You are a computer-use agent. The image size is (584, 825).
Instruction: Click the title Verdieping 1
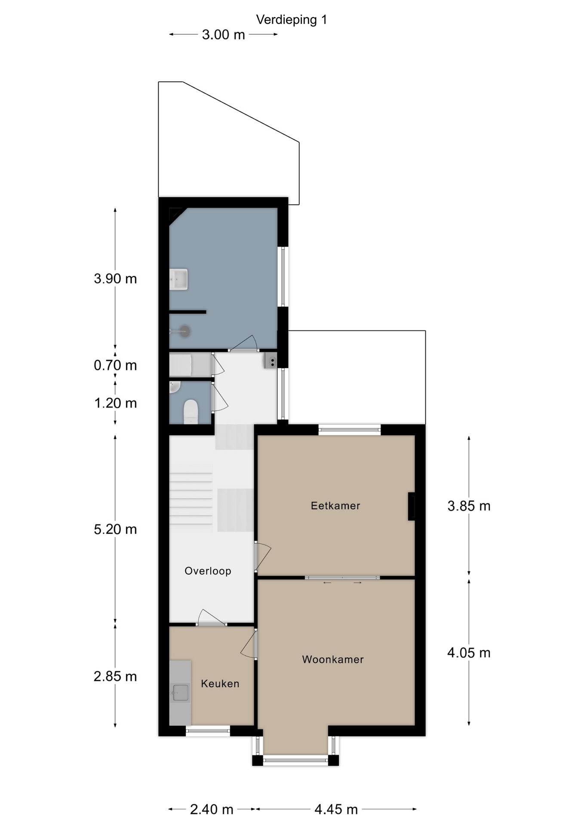click(x=291, y=20)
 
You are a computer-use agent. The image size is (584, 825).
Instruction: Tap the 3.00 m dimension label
click(x=223, y=34)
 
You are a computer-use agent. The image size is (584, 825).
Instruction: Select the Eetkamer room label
click(x=335, y=506)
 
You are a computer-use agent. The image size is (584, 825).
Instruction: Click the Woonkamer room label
click(x=333, y=660)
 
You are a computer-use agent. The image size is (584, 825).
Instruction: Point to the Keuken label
click(x=220, y=684)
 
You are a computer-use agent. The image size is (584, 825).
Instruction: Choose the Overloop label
click(x=208, y=571)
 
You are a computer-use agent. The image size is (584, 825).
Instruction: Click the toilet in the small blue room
click(x=191, y=411)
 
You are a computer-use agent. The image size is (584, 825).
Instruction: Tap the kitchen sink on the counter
click(x=180, y=693)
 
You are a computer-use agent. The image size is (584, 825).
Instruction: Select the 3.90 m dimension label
click(x=115, y=278)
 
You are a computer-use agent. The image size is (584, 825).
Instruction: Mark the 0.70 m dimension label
click(x=115, y=365)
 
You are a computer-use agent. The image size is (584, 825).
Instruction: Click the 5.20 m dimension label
click(x=115, y=529)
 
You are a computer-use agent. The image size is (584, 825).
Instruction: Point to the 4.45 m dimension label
click(x=336, y=810)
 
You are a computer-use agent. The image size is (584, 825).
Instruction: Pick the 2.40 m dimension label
click(x=212, y=810)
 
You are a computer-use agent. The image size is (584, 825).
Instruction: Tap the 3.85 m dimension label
click(x=469, y=506)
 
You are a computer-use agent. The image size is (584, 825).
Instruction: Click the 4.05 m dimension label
click(x=469, y=653)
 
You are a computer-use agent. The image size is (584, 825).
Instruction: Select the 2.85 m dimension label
click(x=115, y=676)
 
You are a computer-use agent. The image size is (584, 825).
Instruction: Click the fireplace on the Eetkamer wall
click(x=411, y=506)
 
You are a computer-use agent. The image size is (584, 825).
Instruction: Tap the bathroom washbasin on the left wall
click(x=178, y=279)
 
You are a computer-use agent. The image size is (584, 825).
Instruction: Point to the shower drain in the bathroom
click(x=185, y=331)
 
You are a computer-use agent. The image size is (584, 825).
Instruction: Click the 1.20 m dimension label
click(x=115, y=403)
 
